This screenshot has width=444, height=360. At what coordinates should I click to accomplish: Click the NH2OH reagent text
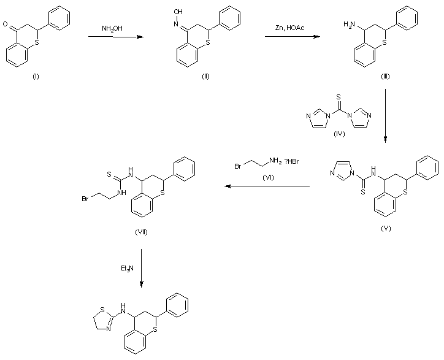pos(112,28)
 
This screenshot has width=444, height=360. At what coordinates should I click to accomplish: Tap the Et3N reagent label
pos(127,268)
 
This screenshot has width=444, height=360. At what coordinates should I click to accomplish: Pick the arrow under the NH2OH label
pos(115,37)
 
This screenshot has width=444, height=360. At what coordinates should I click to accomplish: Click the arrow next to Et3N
pos(142,267)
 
